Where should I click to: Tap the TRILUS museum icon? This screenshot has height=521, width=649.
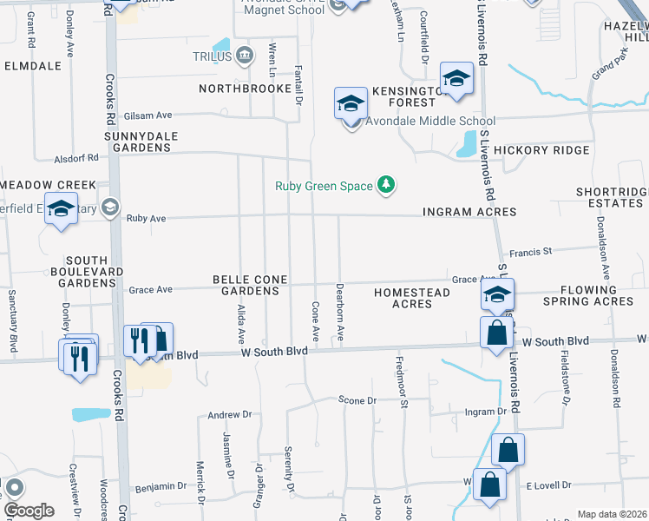click(245, 56)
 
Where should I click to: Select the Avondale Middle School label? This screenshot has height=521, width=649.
click(429, 122)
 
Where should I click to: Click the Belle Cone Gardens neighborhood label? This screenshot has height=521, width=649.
click(246, 285)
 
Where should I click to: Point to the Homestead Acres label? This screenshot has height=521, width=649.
click(412, 298)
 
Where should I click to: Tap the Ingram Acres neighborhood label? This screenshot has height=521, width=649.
click(469, 212)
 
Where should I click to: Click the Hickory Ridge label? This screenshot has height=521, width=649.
click(541, 150)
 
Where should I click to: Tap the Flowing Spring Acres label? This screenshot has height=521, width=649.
click(588, 295)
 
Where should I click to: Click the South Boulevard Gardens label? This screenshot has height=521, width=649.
click(87, 272)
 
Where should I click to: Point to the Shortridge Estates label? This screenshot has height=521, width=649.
click(611, 197)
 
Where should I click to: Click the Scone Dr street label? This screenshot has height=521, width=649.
click(357, 401)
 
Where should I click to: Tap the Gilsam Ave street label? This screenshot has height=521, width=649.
click(148, 115)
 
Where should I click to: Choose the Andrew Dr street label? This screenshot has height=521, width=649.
click(229, 415)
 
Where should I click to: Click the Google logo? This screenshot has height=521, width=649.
click(29, 511)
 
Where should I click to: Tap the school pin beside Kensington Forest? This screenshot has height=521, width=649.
click(456, 80)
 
